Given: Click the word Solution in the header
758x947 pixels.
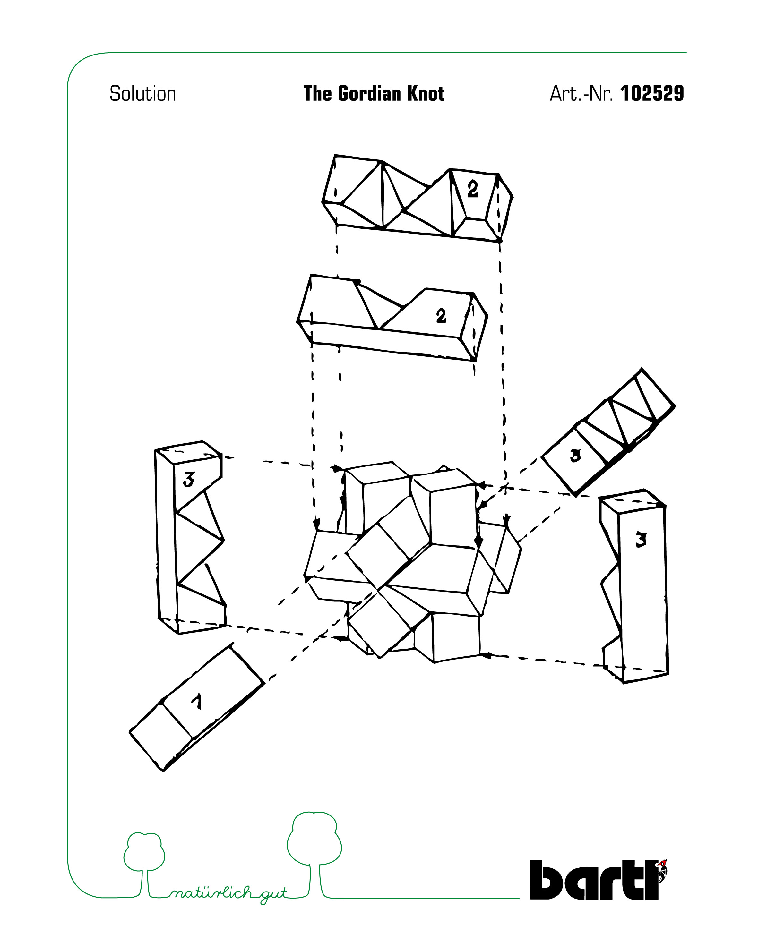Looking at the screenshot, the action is pos(142,94).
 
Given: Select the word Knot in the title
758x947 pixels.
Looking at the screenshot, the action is pos(426,94).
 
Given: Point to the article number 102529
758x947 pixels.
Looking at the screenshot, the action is pos(652,94).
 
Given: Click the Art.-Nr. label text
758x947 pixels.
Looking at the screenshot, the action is pos(581,94).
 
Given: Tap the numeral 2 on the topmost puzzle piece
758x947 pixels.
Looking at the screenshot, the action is pos(473,189).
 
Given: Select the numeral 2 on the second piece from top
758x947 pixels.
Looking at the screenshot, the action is pos(441,315).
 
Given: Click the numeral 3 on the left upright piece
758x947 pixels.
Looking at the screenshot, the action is pos(189,479).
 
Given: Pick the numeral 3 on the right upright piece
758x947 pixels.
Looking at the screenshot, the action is pos(641,539).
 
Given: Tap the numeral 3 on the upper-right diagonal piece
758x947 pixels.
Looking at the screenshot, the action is pos(575,456).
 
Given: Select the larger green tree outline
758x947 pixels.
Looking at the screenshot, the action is pos(314,855).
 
